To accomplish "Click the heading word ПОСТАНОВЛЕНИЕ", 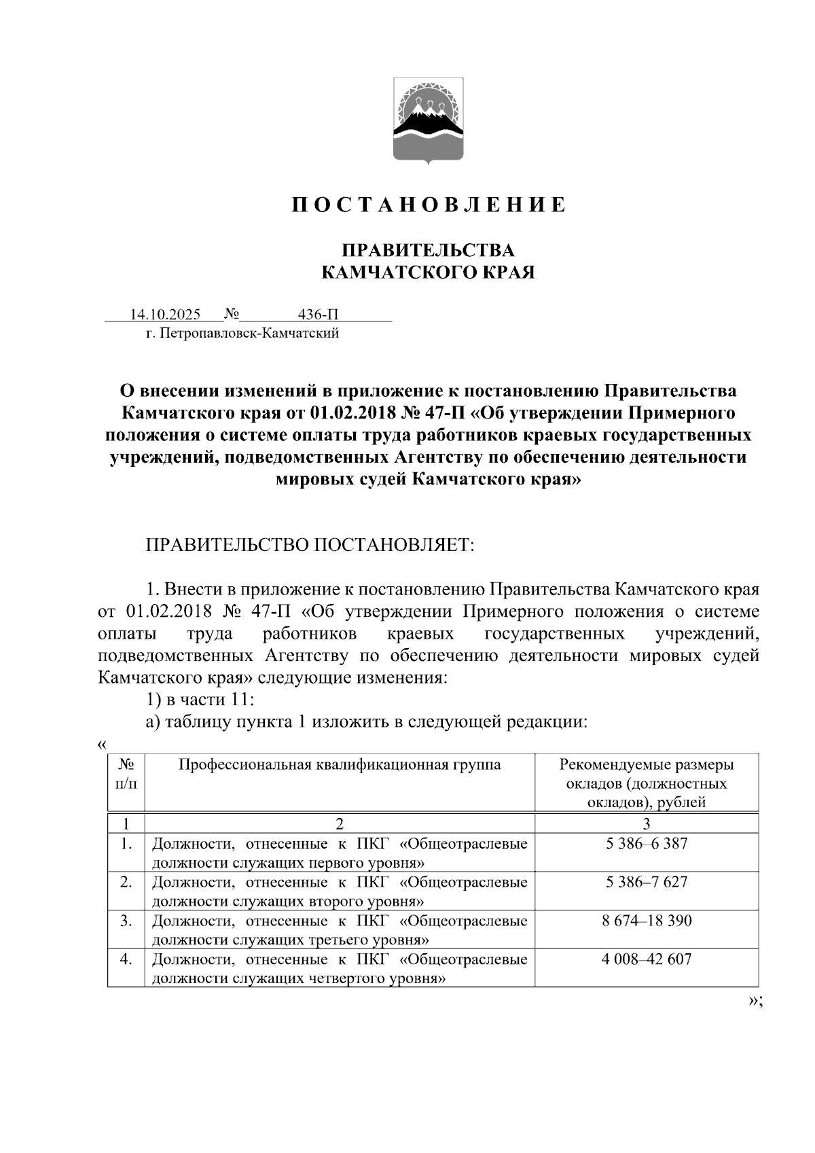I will pos(429,205).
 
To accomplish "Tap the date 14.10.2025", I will pos(165,315).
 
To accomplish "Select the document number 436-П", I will pos(318,315).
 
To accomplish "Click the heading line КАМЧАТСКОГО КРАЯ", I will pos(428,272).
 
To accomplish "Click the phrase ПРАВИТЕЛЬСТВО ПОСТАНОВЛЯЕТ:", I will pos(310,545).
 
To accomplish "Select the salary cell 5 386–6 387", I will pos(646,844).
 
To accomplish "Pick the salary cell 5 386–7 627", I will pos(646,882).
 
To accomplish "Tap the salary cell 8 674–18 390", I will pos(646,921).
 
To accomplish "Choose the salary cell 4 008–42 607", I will pos(646,959).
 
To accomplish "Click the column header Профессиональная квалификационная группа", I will pos(340,765).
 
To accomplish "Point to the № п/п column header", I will pos(126,774).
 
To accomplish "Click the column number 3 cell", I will pos(646,823).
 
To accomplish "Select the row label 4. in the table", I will pos(126,959).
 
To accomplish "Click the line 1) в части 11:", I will pos(200,700).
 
